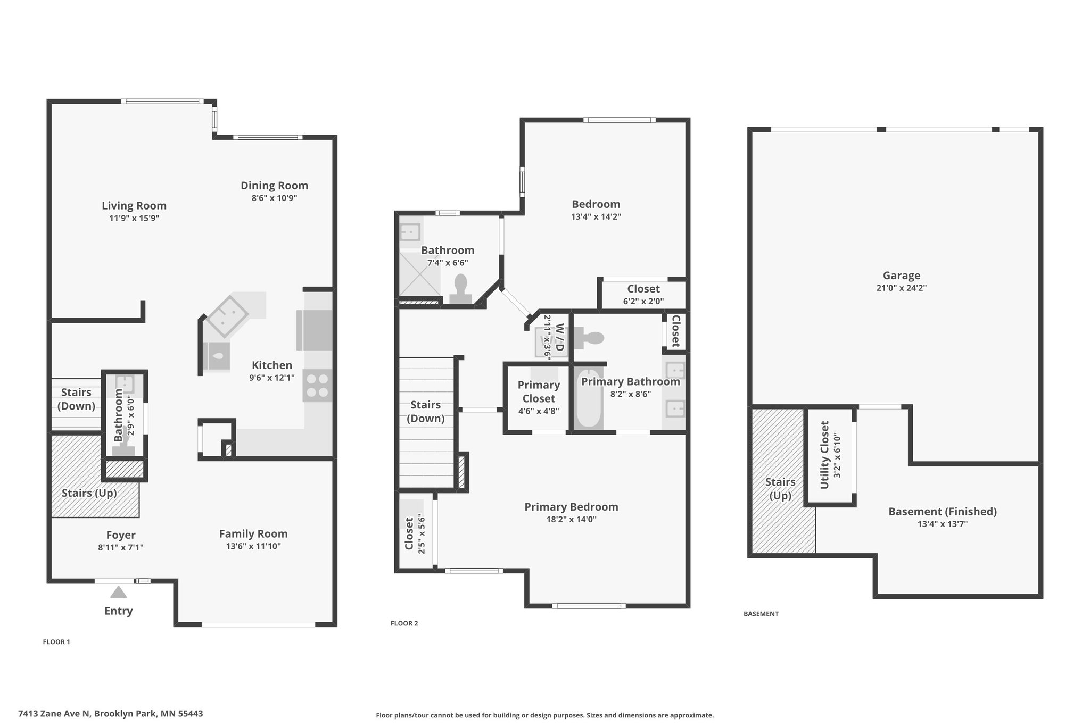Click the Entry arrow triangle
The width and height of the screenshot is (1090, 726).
click(119, 592)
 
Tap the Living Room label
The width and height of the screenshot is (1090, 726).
click(134, 206)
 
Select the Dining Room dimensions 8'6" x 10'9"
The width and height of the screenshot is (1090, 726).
click(275, 198)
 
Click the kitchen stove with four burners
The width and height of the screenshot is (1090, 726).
click(318, 386)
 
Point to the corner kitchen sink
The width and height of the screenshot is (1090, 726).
click(228, 318)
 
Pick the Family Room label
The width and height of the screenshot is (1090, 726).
click(253, 534)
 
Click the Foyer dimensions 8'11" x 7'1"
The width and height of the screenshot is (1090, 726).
click(121, 547)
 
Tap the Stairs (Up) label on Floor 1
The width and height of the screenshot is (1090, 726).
click(89, 493)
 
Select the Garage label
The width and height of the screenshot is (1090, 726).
click(902, 276)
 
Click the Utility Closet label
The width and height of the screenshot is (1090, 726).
click(825, 455)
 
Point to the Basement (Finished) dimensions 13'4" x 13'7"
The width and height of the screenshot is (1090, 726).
click(942, 524)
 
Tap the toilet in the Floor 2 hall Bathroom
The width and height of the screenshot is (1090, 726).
click(460, 289)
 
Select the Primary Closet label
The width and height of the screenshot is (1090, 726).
click(539, 391)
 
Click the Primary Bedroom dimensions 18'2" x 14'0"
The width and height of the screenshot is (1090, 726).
click(571, 520)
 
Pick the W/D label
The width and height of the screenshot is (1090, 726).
click(559, 337)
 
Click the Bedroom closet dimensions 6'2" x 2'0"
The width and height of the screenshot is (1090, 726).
click(643, 301)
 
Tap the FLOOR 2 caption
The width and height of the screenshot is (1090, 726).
click(404, 623)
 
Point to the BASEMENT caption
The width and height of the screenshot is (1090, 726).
click(761, 614)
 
